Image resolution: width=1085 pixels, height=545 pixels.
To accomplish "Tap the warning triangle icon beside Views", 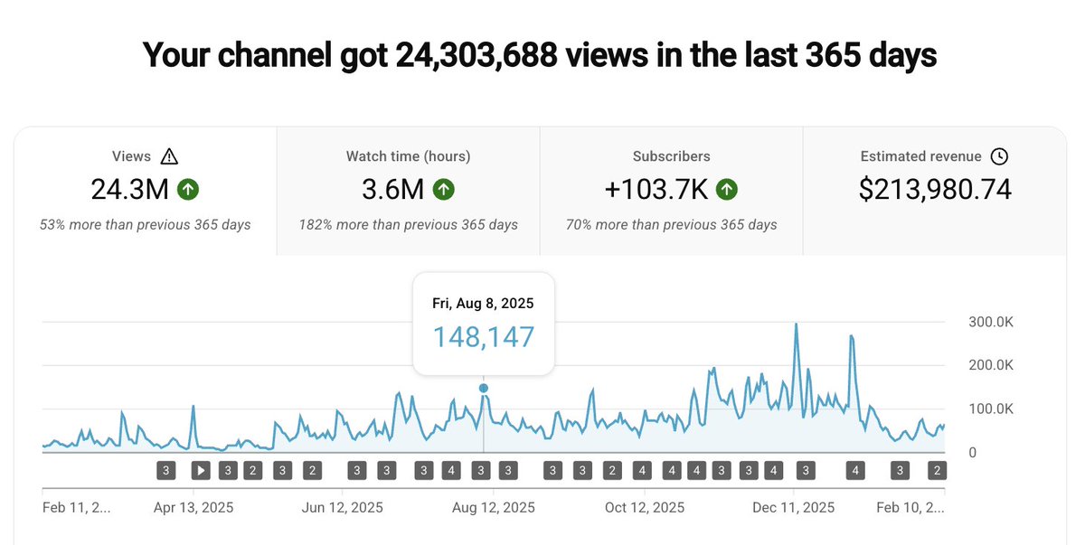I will point(169,156).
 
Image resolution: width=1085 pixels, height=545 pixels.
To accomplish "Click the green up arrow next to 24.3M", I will point(188,190).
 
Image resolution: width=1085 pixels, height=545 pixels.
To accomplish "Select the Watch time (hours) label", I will point(408,156).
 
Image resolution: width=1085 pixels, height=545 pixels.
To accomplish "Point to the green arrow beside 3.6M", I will point(444,190).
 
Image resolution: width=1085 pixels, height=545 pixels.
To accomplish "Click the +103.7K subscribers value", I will point(656,190).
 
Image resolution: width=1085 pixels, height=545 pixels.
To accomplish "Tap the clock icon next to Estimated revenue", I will point(999,156).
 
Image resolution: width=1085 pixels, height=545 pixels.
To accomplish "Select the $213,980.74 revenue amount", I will point(935,190).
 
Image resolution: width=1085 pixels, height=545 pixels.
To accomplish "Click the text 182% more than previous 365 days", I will point(408,224).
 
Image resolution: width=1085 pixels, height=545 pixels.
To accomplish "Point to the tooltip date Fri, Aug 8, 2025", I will point(483,304).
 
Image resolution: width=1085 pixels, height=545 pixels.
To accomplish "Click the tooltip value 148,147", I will point(483,337).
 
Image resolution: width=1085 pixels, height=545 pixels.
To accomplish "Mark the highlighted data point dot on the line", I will point(484,388).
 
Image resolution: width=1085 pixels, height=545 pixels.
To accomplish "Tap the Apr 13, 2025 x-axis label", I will point(193,507).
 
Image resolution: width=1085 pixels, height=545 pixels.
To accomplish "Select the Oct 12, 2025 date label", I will point(644,507).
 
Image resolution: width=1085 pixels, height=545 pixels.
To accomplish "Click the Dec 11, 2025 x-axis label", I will point(793,507).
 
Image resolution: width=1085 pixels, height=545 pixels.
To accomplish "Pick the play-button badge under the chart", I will point(201,470).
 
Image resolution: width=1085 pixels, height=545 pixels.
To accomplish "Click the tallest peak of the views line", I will point(796,324).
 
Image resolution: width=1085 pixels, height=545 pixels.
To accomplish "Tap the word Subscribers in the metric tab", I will point(671,156).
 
